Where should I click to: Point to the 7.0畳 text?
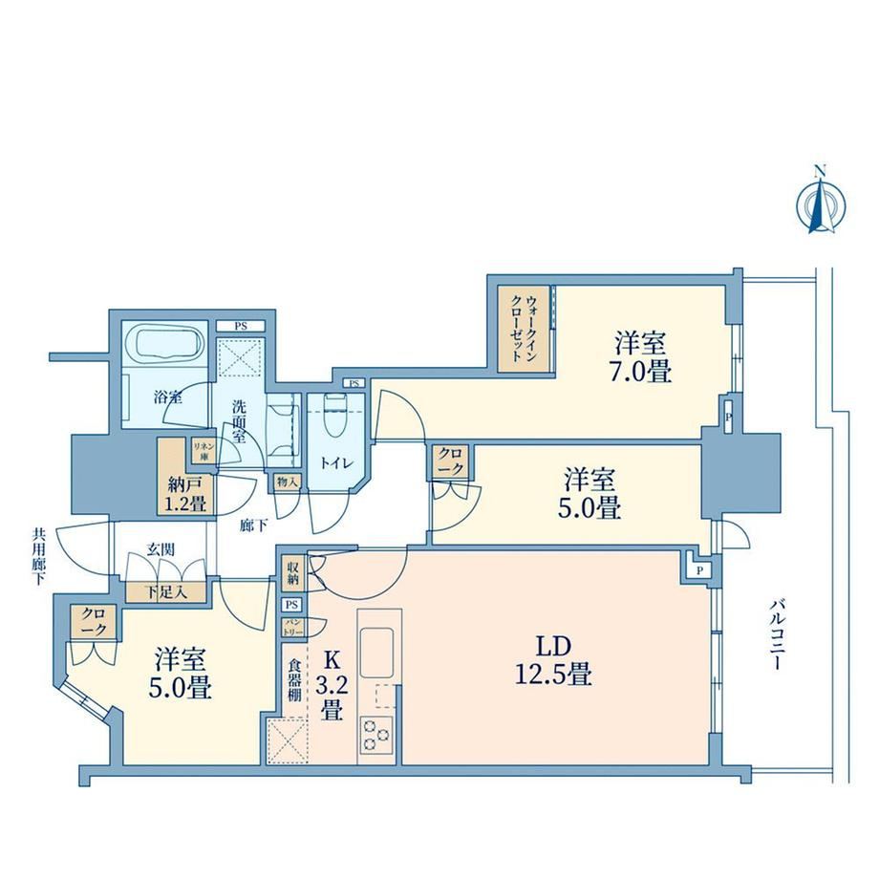(x=641, y=371)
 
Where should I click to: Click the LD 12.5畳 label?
(x=553, y=660)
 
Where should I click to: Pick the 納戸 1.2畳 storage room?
(x=185, y=476)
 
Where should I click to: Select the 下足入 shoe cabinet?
(x=166, y=591)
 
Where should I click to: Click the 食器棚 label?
(x=295, y=680)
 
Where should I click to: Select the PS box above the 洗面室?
(x=241, y=326)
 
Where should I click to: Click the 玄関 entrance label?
(x=161, y=550)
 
